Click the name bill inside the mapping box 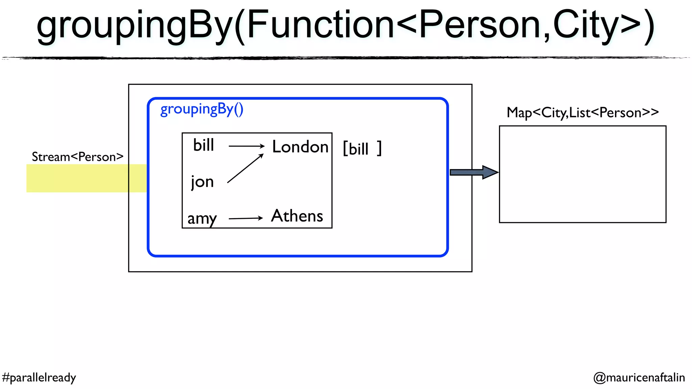(203, 145)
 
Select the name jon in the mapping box (202, 182)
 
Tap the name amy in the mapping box (202, 218)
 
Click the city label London (300, 147)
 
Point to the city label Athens (297, 216)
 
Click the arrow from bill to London (246, 146)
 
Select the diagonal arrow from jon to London (245, 168)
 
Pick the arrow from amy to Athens (246, 218)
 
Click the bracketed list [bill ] (362, 148)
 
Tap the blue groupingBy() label (202, 109)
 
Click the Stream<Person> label (77, 157)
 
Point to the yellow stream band (78, 178)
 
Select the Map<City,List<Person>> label (583, 112)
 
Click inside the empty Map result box (583, 174)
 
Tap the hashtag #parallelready (39, 377)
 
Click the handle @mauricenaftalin (639, 377)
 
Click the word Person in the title (480, 24)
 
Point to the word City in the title (586, 24)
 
